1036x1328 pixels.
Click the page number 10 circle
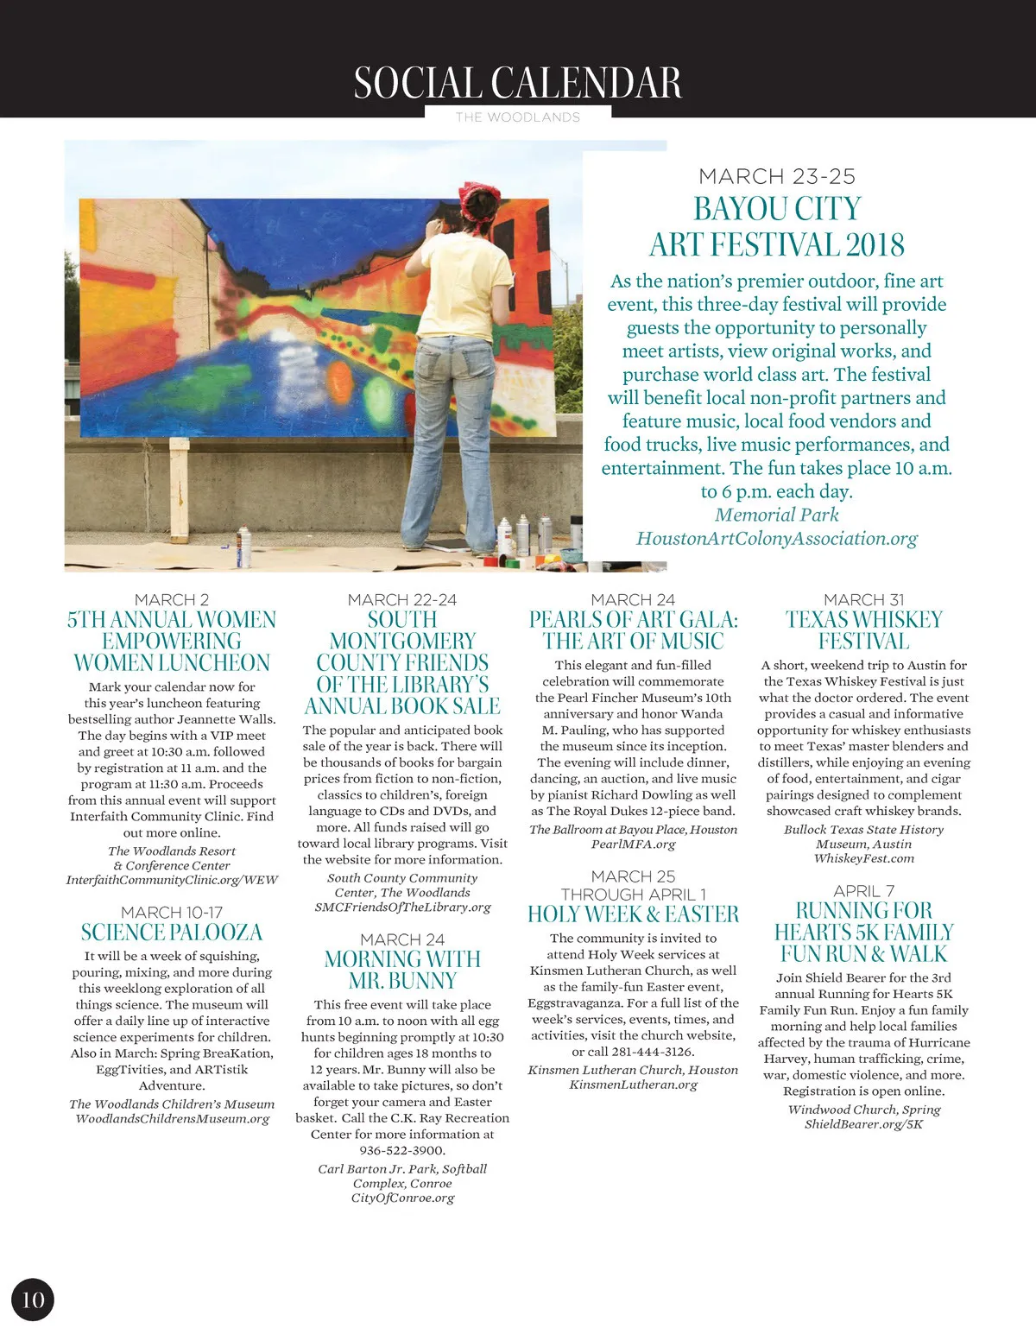point(33,1300)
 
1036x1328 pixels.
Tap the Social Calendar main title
point(517,83)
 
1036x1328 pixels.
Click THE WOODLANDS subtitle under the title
point(518,117)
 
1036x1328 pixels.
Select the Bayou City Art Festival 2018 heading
point(777,226)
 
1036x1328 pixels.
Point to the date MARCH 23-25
point(777,176)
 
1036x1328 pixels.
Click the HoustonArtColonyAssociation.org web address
point(777,539)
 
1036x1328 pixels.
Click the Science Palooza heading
point(172,933)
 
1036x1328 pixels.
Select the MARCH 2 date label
point(172,599)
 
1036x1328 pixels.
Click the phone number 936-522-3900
point(402,1150)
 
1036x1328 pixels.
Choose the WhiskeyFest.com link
point(863,858)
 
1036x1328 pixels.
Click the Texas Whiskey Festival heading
point(863,630)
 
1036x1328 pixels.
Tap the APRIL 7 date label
point(863,890)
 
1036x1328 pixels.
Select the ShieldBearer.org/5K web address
point(863,1124)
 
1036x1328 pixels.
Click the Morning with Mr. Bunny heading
point(402,970)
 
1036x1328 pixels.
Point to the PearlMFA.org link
point(633,844)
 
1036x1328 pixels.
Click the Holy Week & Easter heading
point(633,914)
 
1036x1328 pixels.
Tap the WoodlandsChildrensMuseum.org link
point(172,1119)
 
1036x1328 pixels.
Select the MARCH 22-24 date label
point(402,599)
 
